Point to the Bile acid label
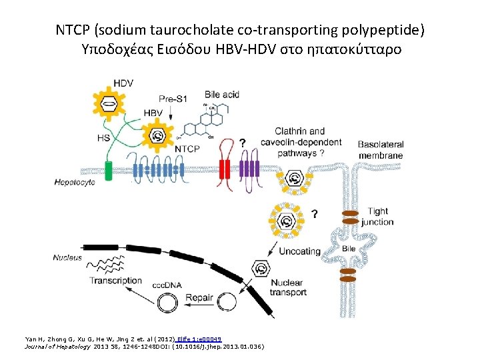(x=222, y=94)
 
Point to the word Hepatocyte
(x=75, y=182)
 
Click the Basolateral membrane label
(x=380, y=149)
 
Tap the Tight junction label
(x=379, y=217)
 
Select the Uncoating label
(x=299, y=251)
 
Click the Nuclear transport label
(x=288, y=287)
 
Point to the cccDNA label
(x=167, y=285)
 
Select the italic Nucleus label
(x=68, y=257)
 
